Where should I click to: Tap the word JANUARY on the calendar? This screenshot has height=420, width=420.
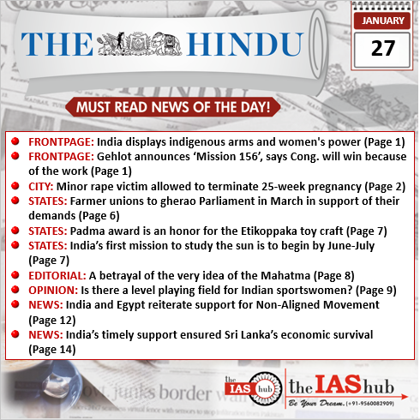(x=377, y=18)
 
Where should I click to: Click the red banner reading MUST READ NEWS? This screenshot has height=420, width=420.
(x=174, y=108)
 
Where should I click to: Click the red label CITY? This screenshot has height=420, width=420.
(x=41, y=185)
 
